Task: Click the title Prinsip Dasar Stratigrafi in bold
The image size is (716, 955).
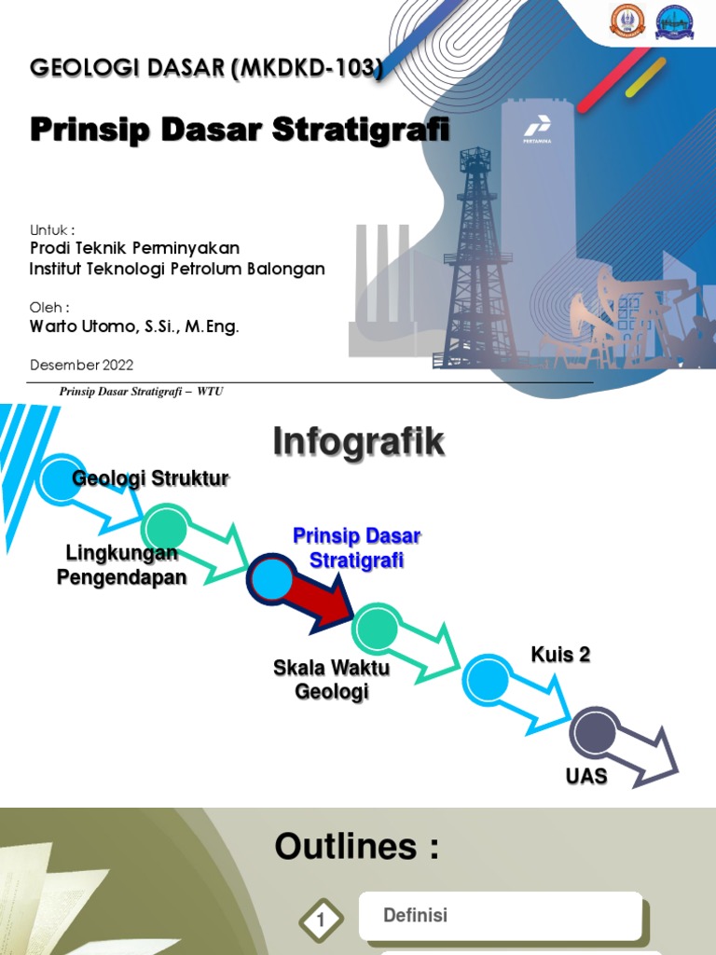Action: (240, 130)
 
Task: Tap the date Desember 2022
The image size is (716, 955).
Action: (81, 365)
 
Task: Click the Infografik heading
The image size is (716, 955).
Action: (358, 443)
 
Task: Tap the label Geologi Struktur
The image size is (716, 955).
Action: (150, 478)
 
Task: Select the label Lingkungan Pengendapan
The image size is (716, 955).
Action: (121, 565)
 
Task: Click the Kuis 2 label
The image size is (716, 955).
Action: (560, 655)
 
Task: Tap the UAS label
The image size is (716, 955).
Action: (586, 776)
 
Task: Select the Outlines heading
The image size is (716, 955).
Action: (356, 847)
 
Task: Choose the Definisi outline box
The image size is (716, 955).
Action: (500, 916)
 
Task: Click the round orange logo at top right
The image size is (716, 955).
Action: (627, 21)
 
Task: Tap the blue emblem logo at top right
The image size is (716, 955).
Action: (675, 21)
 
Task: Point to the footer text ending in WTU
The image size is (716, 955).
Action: (141, 392)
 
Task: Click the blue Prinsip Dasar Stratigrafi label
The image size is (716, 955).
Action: (356, 548)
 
